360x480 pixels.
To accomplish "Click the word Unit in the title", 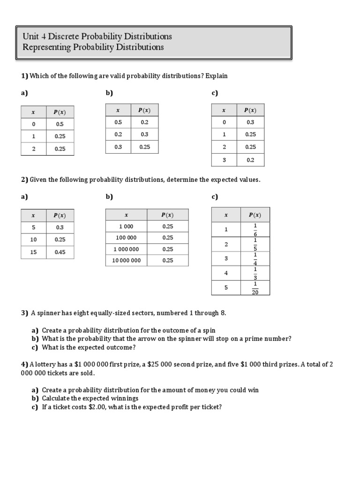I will (x=30, y=37).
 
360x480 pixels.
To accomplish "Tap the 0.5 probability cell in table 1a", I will (x=60, y=124).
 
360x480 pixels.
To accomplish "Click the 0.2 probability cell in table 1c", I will (x=250, y=160).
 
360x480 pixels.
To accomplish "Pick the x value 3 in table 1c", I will (x=224, y=160).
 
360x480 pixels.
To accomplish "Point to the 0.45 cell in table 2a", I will (x=60, y=252).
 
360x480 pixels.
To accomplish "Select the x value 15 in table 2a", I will (x=33, y=252).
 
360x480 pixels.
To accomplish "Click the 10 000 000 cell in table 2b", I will (x=126, y=260).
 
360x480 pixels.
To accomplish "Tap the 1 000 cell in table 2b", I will (x=126, y=226).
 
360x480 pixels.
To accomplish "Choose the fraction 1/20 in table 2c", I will (x=255, y=288).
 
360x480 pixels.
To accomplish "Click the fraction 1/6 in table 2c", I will (x=255, y=230).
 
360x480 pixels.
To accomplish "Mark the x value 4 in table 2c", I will (x=226, y=273).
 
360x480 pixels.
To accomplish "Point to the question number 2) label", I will (x=24, y=180).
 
